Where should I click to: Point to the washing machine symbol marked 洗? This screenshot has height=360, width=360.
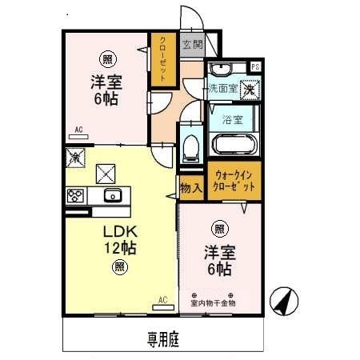250,89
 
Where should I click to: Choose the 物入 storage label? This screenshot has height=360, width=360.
190,187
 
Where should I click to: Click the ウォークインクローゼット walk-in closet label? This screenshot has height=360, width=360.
234,180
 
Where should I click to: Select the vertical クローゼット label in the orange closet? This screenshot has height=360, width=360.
162,58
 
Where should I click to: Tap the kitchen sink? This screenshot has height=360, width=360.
111,196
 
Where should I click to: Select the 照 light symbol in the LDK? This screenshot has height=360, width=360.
118,267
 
